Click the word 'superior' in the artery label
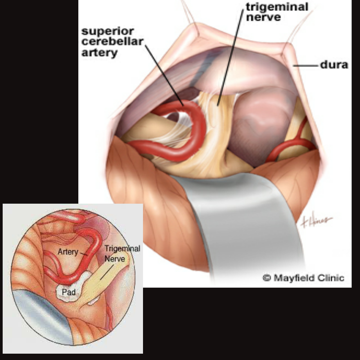pyautogui.click(x=108, y=31)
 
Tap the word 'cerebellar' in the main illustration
pyautogui.click(x=112, y=41)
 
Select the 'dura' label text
pyautogui.click(x=334, y=65)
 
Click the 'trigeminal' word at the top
pyautogui.click(x=277, y=7)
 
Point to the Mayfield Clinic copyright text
pyautogui.click(x=303, y=278)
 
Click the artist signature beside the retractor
pyautogui.click(x=317, y=220)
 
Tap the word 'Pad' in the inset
pyautogui.click(x=69, y=292)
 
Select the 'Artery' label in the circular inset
pyautogui.click(x=68, y=252)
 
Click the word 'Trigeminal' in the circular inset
pyautogui.click(x=122, y=249)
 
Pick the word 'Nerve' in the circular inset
pyautogui.click(x=115, y=259)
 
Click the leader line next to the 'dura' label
pyautogui.click(x=306, y=66)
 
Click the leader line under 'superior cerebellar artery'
pyautogui.click(x=164, y=75)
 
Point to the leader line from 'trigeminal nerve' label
pyautogui.click(x=230, y=58)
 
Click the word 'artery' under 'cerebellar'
pyautogui.click(x=99, y=53)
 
